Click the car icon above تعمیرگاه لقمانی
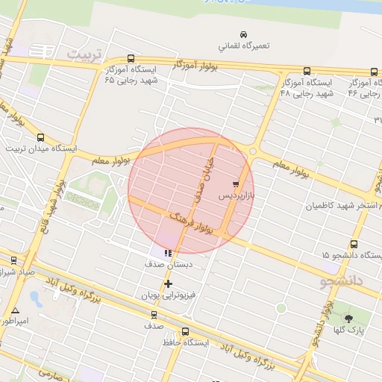click(x=243, y=34)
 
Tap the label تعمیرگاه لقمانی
click(x=243, y=46)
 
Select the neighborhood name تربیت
click(x=83, y=55)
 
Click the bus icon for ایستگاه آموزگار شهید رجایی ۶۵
click(x=131, y=58)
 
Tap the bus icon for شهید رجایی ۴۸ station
click(x=307, y=72)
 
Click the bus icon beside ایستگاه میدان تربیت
click(x=40, y=137)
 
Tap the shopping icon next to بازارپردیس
click(x=237, y=183)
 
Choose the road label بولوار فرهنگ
click(x=192, y=222)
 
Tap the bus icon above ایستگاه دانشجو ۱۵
click(x=353, y=244)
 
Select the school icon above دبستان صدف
click(x=168, y=253)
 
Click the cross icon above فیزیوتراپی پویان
click(x=168, y=284)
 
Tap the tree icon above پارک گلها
click(x=348, y=319)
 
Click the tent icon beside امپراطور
click(x=16, y=310)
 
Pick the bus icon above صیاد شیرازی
click(x=13, y=260)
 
